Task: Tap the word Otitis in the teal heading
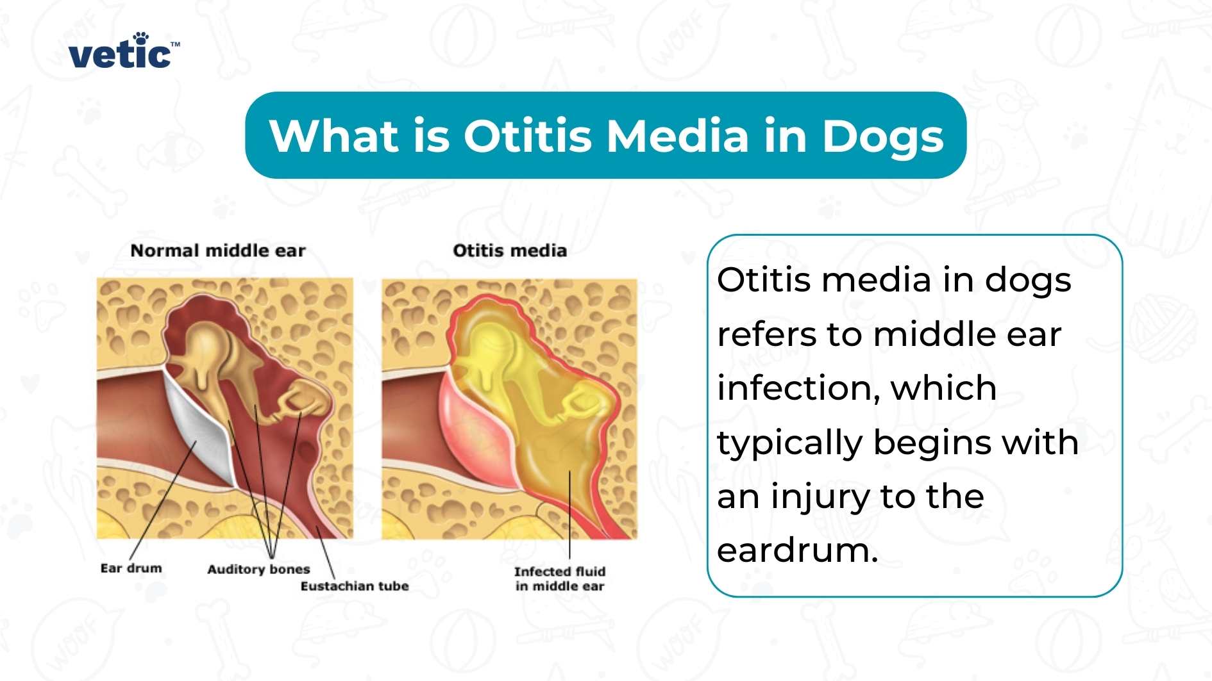pos(527,136)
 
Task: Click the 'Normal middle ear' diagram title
pos(218,250)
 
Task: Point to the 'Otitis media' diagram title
pos(510,250)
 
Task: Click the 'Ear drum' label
pos(131,568)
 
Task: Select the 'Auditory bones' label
pos(258,569)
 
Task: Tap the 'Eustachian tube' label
pos(355,586)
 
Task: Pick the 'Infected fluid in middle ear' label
pos(560,578)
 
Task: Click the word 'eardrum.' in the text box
pos(797,550)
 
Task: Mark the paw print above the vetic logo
pos(140,37)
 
